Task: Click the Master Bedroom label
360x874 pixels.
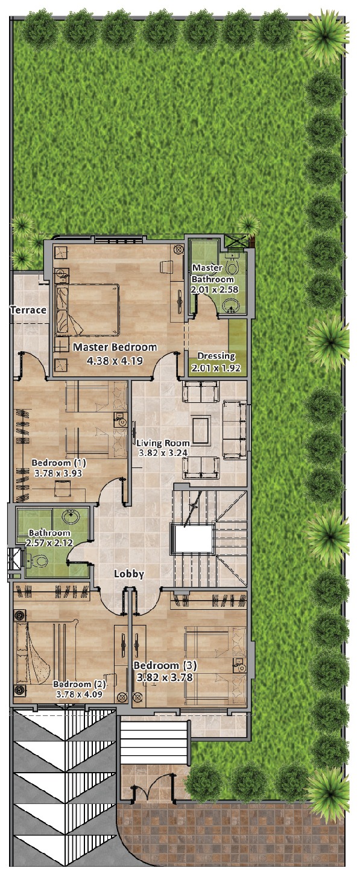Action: pyautogui.click(x=115, y=347)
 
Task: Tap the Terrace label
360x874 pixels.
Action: pyautogui.click(x=28, y=310)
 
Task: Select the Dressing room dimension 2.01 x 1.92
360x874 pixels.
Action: pyautogui.click(x=216, y=367)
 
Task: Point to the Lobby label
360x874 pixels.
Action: pyautogui.click(x=129, y=574)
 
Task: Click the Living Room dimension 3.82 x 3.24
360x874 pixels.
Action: pyautogui.click(x=163, y=453)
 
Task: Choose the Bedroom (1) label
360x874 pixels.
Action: pyautogui.click(x=58, y=463)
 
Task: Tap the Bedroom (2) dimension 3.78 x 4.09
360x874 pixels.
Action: pyautogui.click(x=79, y=694)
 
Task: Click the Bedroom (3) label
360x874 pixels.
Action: pyautogui.click(x=165, y=665)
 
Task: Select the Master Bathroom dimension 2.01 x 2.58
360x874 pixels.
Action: pyautogui.click(x=214, y=290)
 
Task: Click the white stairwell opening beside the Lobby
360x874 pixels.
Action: pyautogui.click(x=194, y=539)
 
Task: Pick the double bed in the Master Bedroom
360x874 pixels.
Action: pyautogui.click(x=87, y=310)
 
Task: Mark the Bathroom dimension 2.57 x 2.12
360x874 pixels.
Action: pyautogui.click(x=48, y=542)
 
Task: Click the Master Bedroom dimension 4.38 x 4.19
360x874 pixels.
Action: pyautogui.click(x=115, y=361)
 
